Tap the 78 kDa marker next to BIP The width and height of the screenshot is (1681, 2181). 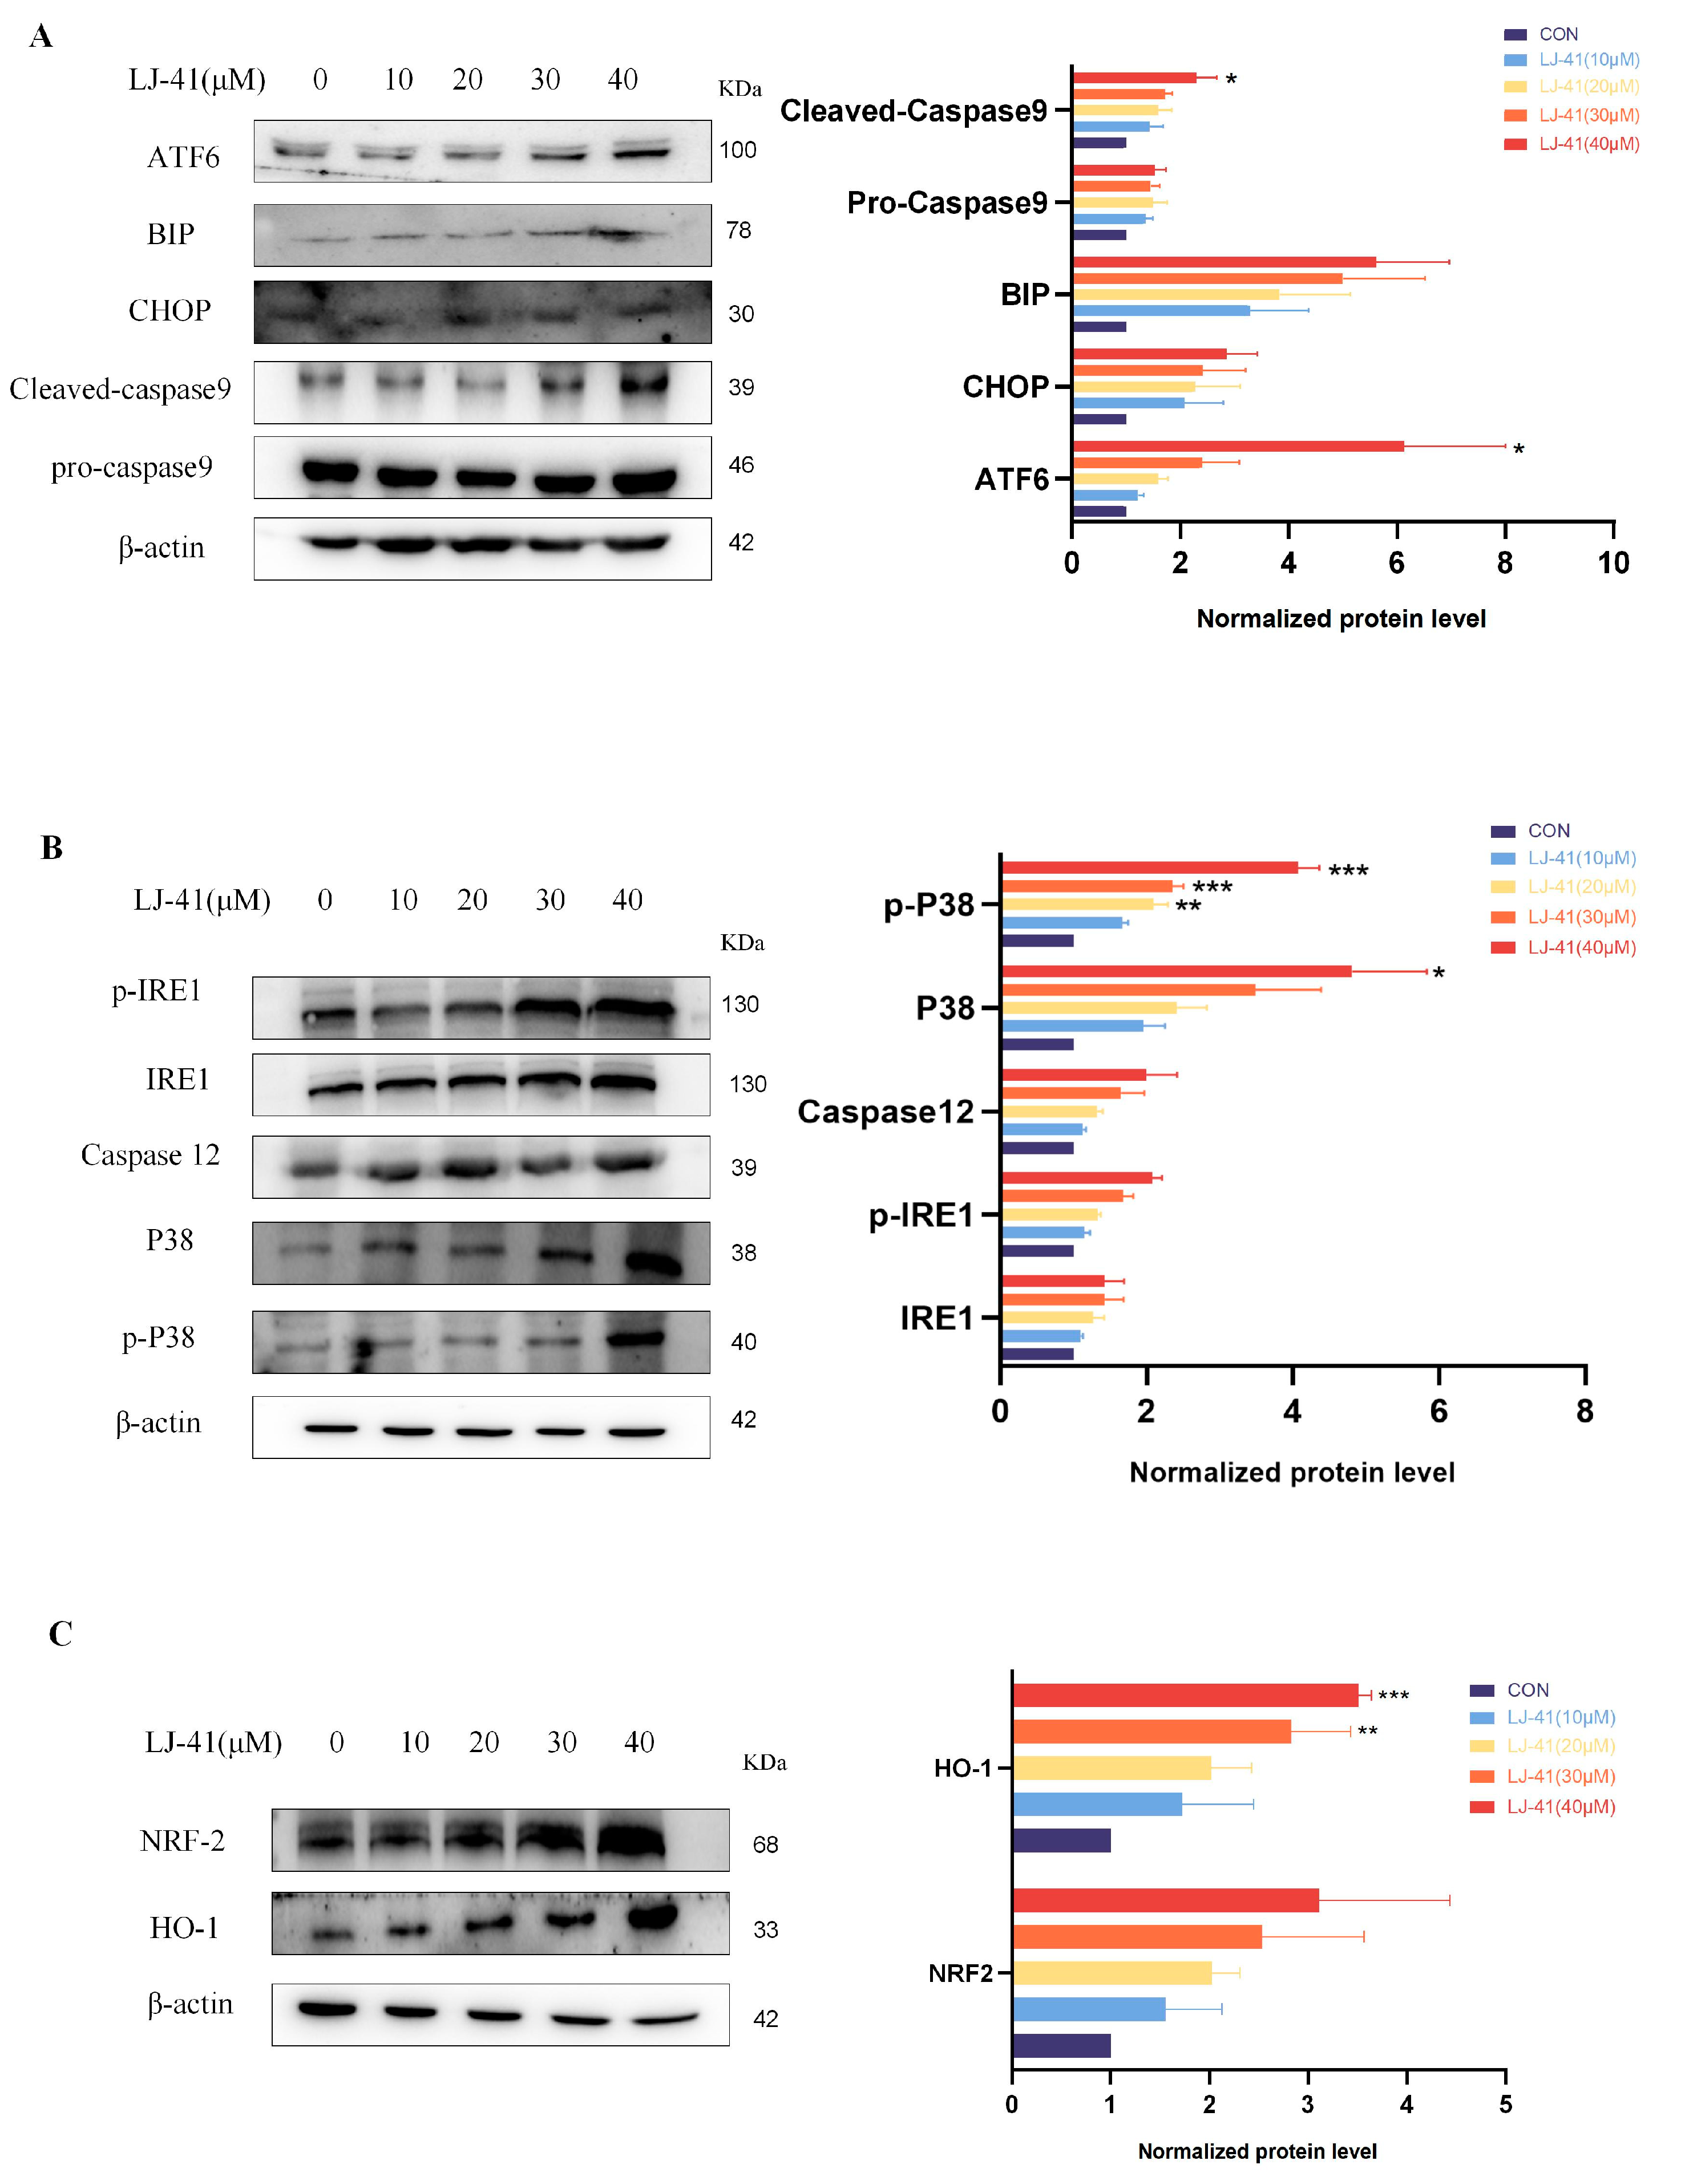tap(738, 230)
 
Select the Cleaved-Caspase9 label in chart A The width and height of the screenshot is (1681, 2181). tap(913, 111)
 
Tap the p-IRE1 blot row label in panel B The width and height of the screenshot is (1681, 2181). tap(157, 991)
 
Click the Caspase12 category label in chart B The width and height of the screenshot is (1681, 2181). tap(885, 1112)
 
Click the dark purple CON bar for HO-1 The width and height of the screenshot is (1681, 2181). tap(1061, 1841)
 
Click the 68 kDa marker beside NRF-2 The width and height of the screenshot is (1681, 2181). tap(765, 1844)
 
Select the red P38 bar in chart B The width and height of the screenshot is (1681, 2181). tap(1175, 971)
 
